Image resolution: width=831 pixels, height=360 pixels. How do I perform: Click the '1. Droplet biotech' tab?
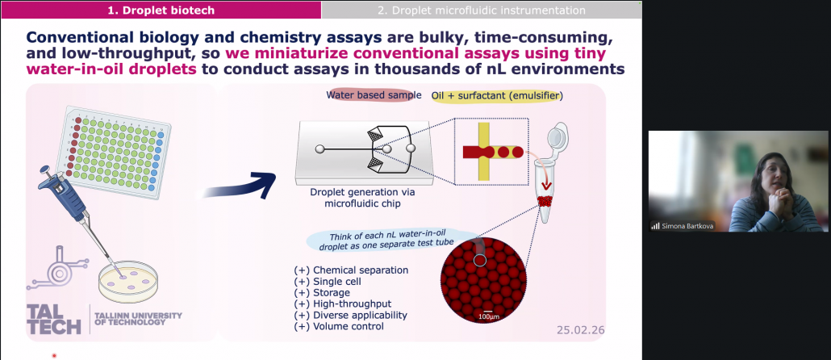(161, 10)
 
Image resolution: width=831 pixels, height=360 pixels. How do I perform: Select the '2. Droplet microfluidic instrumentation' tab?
(481, 10)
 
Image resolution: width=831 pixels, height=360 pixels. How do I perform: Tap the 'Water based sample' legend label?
(374, 95)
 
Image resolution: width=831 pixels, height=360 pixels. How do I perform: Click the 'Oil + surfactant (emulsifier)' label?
(497, 96)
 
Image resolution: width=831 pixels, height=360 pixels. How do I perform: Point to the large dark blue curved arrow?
(241, 186)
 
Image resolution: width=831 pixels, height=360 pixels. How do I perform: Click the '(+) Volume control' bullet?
(339, 327)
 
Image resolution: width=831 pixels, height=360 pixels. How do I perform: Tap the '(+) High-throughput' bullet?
(343, 303)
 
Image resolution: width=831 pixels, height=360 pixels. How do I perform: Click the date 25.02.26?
(580, 330)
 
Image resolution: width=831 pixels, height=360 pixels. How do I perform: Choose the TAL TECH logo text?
(53, 319)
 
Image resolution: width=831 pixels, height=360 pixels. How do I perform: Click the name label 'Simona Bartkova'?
(687, 226)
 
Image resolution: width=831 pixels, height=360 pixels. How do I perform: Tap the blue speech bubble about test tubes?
(392, 241)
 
